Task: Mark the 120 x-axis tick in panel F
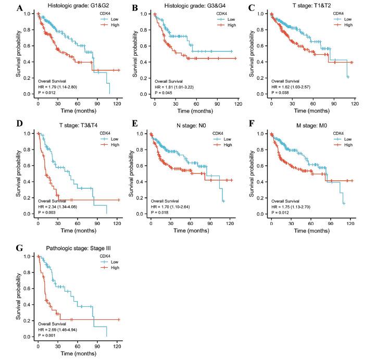pyautogui.click(x=352, y=223)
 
